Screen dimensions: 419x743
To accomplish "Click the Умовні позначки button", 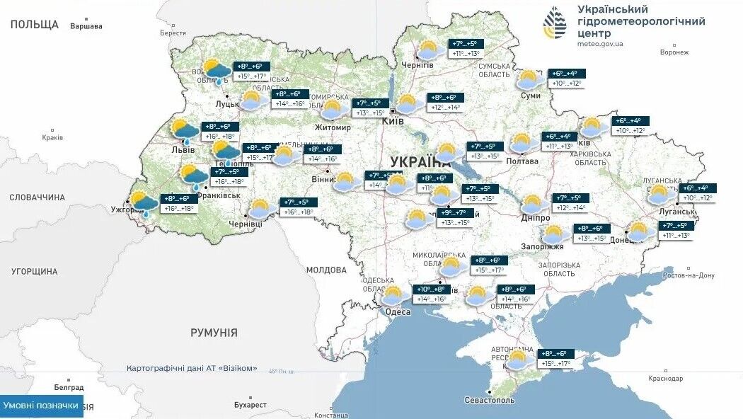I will click(41, 406).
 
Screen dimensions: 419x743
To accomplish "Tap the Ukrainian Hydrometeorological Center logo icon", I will click(555, 23).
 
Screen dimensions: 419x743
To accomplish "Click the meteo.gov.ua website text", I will click(601, 44).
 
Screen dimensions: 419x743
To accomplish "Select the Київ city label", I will click(392, 122).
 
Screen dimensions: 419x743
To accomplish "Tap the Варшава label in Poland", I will click(86, 27).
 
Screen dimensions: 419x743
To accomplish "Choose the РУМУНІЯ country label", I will click(213, 332).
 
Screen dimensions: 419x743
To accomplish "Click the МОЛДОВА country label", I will click(326, 270).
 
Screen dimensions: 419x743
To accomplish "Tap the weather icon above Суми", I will click(529, 79).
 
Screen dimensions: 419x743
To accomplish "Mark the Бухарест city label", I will click(250, 405).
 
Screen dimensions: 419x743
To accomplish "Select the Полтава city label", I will click(523, 161).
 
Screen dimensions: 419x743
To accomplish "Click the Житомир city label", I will click(333, 127).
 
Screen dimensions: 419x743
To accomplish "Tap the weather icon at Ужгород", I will click(144, 204).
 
